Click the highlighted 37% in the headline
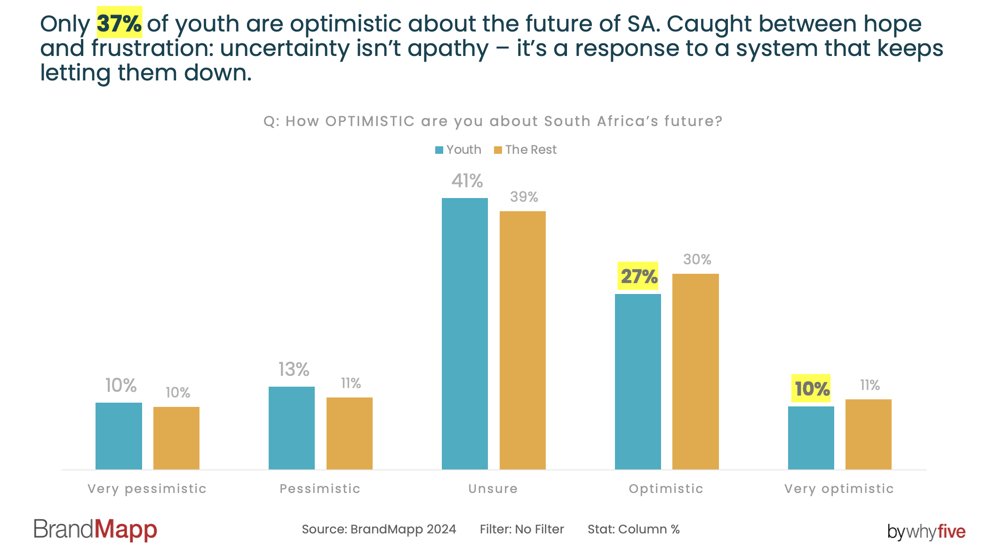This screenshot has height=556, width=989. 119,23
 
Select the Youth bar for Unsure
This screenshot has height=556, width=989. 465,334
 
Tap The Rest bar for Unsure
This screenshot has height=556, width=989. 523,340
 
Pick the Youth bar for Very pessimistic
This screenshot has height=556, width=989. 119,436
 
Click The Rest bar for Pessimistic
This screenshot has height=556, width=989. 350,433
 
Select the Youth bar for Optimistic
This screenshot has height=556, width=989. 638,381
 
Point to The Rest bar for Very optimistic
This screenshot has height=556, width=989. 869,434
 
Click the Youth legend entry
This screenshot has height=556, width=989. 458,150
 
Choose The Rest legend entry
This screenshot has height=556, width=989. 525,150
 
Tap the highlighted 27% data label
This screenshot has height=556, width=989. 638,276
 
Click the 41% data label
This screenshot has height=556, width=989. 467,181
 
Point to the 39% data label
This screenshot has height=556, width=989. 524,197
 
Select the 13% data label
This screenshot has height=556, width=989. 294,369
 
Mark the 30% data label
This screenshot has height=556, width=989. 697,259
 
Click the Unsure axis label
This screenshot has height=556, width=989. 493,489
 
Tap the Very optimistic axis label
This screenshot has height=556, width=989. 839,489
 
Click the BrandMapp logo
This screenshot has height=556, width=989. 96,530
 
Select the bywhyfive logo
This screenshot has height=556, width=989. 926,532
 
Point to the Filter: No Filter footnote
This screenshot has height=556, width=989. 522,529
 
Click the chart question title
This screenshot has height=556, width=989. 493,121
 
